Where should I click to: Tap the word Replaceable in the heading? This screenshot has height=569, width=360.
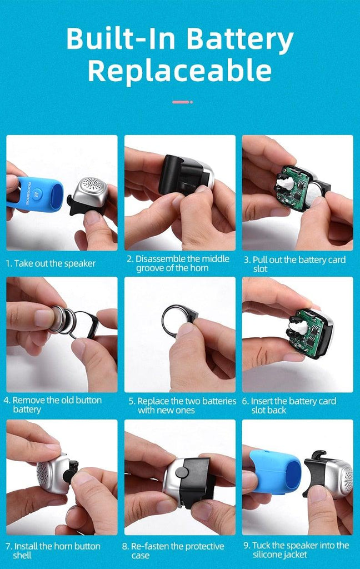[179, 71]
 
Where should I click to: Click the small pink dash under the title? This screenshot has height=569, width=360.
[182, 102]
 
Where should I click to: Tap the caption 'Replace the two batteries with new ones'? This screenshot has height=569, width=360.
[187, 405]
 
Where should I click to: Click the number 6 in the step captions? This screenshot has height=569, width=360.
[245, 401]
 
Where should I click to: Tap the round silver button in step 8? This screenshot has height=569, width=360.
[183, 472]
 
